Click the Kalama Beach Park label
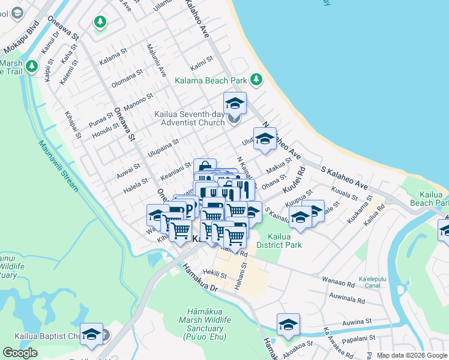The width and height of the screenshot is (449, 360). [210, 80]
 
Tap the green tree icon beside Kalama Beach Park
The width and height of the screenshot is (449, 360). [256, 79]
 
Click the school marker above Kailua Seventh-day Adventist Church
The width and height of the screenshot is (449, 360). [235, 103]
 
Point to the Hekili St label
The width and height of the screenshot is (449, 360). [214, 275]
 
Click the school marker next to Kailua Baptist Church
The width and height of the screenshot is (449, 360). [91, 334]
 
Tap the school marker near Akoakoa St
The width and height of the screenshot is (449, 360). [288, 324]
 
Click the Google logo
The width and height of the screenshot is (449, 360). [20, 353]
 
